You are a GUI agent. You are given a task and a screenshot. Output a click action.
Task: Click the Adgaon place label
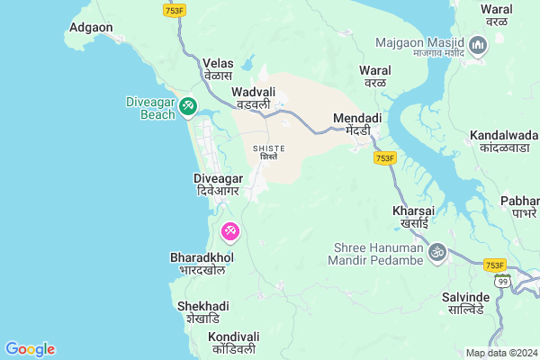tap(91, 28)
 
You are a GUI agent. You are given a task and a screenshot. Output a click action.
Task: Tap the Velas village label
tap(219, 69)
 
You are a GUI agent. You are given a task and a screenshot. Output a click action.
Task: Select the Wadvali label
tap(251, 98)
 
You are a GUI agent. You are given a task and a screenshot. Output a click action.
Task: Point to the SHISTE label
tap(269, 152)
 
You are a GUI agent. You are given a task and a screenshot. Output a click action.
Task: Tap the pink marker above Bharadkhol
tap(229, 232)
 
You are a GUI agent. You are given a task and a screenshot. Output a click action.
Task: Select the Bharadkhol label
tap(202, 264)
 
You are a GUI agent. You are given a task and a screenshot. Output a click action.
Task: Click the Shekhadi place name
tap(199, 311)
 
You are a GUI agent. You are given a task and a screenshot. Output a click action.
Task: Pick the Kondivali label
tap(234, 342)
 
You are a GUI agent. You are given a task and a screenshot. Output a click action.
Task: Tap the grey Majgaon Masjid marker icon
tap(478, 43)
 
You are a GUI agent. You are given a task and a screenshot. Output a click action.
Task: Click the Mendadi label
tap(357, 123)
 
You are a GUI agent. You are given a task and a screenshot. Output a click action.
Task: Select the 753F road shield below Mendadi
tap(385, 158)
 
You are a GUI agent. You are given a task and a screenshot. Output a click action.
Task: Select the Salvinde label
tap(465, 302)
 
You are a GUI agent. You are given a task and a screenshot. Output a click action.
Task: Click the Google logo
tap(30, 349)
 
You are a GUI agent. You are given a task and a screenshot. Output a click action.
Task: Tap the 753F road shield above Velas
tap(175, 9)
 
